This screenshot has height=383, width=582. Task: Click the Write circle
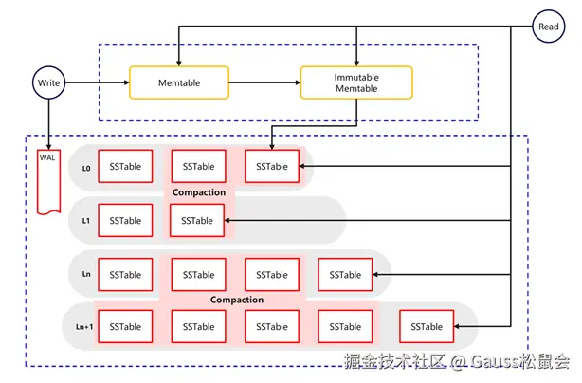[48, 83]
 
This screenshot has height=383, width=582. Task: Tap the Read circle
[548, 27]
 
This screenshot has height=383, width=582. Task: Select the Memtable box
[180, 83]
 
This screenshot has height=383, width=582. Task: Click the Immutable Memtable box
[356, 83]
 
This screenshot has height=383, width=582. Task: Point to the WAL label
[47, 156]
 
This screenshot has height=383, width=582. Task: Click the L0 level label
[86, 168]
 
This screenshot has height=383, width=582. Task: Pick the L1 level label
[86, 221]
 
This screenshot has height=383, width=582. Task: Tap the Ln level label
[86, 275]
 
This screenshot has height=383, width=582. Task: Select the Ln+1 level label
[84, 327]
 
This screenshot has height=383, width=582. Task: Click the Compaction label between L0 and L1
[199, 193]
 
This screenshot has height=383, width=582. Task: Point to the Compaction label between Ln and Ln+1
[236, 301]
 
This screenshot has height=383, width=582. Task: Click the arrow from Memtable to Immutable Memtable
[265, 83]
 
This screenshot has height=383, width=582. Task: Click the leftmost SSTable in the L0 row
[125, 167]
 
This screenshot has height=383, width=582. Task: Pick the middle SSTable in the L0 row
[198, 167]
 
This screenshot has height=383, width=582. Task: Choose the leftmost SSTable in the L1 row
[125, 221]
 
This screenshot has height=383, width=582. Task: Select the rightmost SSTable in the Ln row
[345, 275]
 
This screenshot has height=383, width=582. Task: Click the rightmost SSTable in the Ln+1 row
[427, 327]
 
